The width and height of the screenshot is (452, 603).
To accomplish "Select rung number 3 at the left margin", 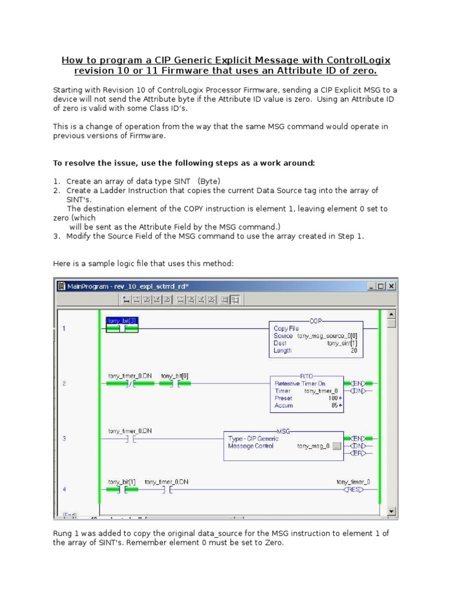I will (64, 438).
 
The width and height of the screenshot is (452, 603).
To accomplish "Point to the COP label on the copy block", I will (317, 321).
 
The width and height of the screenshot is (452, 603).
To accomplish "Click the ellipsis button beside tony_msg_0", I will (337, 446).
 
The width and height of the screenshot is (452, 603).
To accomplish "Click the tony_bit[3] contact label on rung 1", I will (122, 321).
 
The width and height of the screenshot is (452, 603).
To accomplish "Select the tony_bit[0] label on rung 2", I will (175, 376).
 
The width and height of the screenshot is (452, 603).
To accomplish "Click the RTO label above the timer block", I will (307, 375).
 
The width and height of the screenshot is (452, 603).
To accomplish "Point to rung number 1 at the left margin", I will (64, 329).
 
